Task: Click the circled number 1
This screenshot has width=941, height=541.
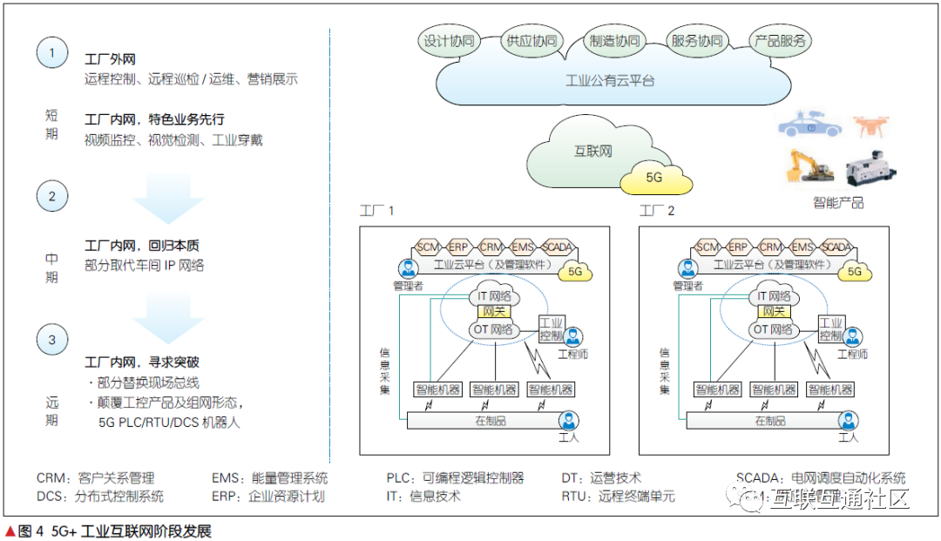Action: point(51,52)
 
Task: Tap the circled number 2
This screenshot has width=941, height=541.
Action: point(51,196)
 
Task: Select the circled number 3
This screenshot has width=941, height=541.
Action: point(51,340)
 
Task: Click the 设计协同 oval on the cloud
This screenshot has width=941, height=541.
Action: point(449,41)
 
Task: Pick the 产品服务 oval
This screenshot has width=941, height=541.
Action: point(780,41)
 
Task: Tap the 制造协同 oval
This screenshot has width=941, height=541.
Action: point(614,41)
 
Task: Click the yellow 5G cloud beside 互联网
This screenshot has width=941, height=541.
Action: point(655,178)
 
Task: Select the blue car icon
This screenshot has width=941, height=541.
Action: point(809,125)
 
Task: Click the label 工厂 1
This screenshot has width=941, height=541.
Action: point(377,211)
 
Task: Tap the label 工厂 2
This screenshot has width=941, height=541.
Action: point(657,211)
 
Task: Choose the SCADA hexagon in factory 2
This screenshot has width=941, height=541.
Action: point(836,247)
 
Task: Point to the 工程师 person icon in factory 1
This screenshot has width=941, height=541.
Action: point(572,337)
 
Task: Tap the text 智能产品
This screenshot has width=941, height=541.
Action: point(838,202)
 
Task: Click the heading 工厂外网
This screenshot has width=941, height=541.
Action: point(110,59)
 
